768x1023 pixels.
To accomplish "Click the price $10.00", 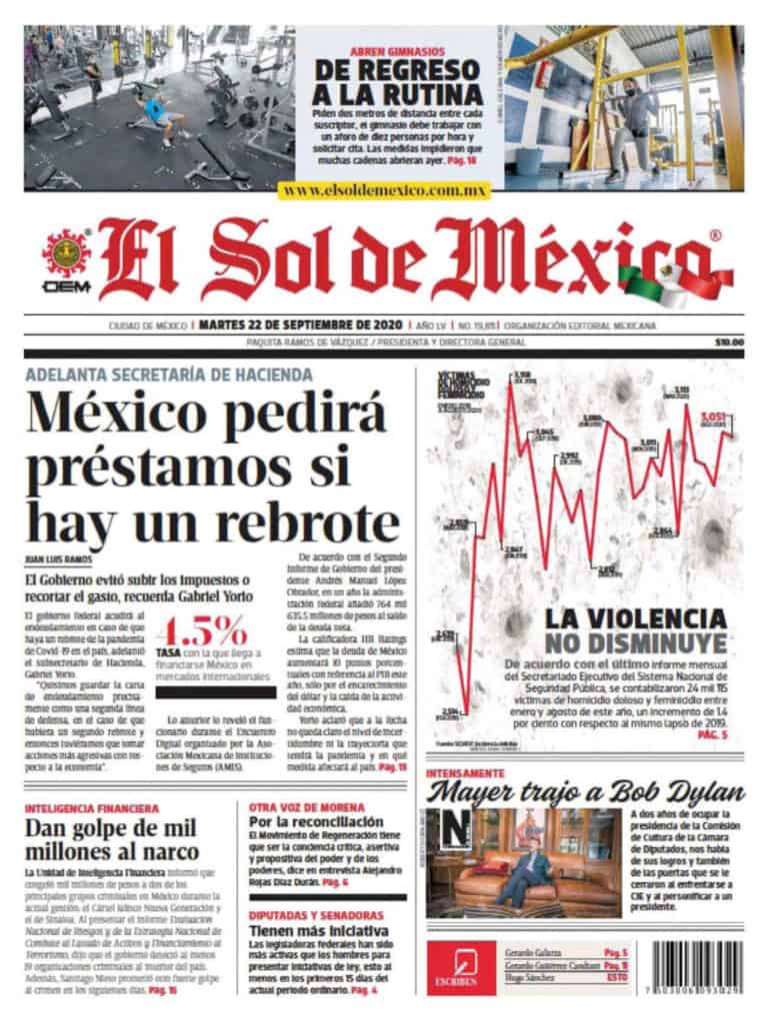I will [729, 344].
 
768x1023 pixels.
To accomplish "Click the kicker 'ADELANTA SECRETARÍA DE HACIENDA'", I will [169, 376].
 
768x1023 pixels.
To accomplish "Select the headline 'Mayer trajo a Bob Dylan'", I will [586, 795].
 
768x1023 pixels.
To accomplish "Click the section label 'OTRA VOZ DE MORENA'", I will [302, 806].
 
